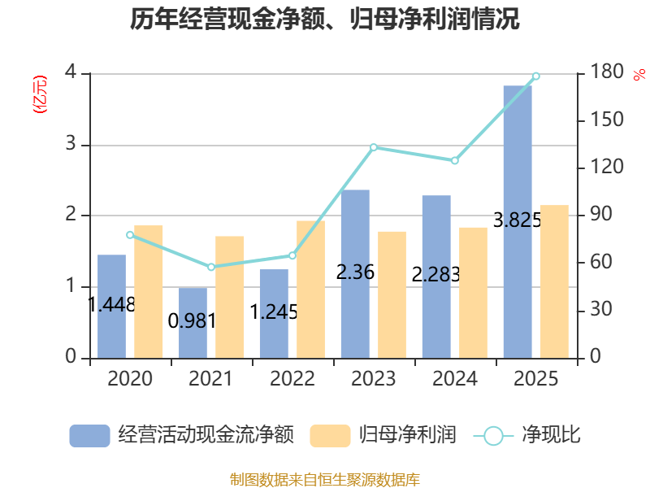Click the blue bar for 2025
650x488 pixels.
[518, 222]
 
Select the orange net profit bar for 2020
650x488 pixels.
[149, 292]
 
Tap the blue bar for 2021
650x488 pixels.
[193, 323]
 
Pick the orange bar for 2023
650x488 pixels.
[392, 295]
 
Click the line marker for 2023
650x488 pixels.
[374, 147]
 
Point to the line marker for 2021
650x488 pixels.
[211, 267]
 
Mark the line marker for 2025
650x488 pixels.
[536, 76]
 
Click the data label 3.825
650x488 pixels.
[518, 220]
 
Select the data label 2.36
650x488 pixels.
[355, 272]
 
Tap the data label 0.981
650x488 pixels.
[192, 320]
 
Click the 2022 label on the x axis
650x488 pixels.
[292, 378]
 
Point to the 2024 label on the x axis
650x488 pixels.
[455, 378]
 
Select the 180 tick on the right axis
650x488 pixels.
[606, 72]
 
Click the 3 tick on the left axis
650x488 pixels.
[71, 144]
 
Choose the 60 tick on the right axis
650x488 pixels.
[600, 262]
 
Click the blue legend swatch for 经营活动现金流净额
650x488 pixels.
[89, 436]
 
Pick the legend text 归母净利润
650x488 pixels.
[408, 435]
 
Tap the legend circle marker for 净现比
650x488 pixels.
[493, 436]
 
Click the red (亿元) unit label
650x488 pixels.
[40, 94]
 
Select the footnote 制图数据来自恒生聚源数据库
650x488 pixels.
[325, 480]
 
